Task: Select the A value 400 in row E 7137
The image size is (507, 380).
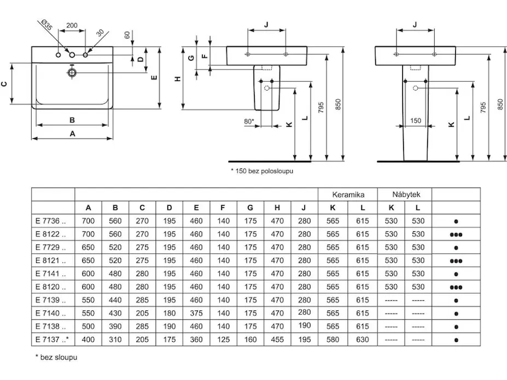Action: pyautogui.click(x=89, y=340)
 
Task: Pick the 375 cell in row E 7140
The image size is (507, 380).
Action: pyautogui.click(x=196, y=313)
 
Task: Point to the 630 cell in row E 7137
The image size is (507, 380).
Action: pyautogui.click(x=362, y=340)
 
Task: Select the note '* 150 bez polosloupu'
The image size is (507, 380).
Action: pyautogui.click(x=261, y=171)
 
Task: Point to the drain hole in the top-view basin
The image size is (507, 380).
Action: pyautogui.click(x=72, y=73)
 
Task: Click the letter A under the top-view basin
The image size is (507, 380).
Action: pyautogui.click(x=72, y=134)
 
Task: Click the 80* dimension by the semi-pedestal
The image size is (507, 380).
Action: pyautogui.click(x=248, y=120)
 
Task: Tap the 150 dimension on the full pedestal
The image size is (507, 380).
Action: pyautogui.click(x=415, y=120)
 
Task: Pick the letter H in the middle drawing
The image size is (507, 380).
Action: pyautogui.click(x=178, y=78)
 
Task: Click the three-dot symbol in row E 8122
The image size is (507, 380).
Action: pyautogui.click(x=456, y=234)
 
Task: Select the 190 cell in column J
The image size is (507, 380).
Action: pyautogui.click(x=304, y=327)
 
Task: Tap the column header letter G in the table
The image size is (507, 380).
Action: pyautogui.click(x=250, y=208)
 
